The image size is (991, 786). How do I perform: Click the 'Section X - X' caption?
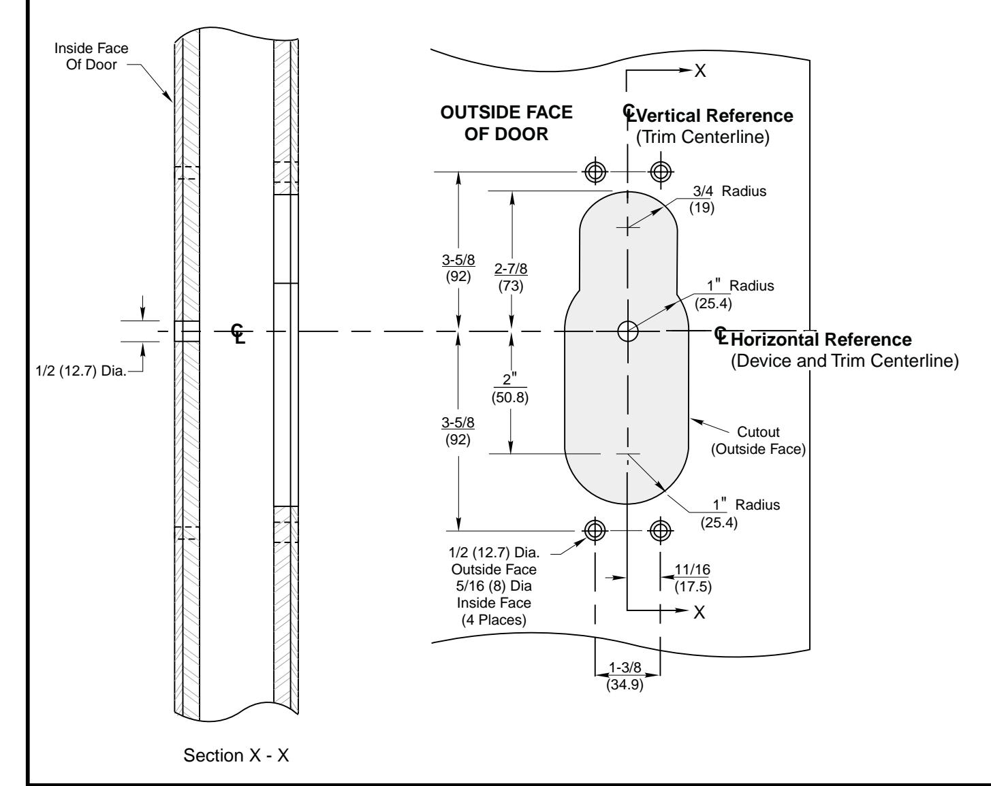point(236,755)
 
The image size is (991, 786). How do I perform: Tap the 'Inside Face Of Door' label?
point(91,56)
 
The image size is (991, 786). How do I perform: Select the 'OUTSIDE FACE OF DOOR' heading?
point(506,123)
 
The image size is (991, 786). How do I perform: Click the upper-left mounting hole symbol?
point(595,172)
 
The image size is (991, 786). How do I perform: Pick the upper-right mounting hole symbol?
point(661,172)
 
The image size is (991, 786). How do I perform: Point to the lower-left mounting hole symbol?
point(595,531)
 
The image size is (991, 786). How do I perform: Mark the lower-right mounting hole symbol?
point(661,531)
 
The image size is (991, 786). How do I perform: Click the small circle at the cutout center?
point(628,331)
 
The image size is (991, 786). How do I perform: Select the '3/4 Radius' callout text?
point(729,191)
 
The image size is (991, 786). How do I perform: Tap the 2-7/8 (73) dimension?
point(511,277)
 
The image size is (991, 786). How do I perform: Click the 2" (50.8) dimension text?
point(509,389)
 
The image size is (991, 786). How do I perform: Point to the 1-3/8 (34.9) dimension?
point(625,676)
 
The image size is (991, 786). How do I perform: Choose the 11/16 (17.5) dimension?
point(693,578)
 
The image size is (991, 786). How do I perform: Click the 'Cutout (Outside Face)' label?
point(759,440)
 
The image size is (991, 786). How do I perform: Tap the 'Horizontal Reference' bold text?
point(821,340)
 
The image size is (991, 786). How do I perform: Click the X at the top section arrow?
point(700,71)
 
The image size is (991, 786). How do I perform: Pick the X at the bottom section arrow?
point(699,612)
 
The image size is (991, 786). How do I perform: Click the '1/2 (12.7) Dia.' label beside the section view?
point(81,371)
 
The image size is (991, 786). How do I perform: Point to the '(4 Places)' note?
point(494,620)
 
